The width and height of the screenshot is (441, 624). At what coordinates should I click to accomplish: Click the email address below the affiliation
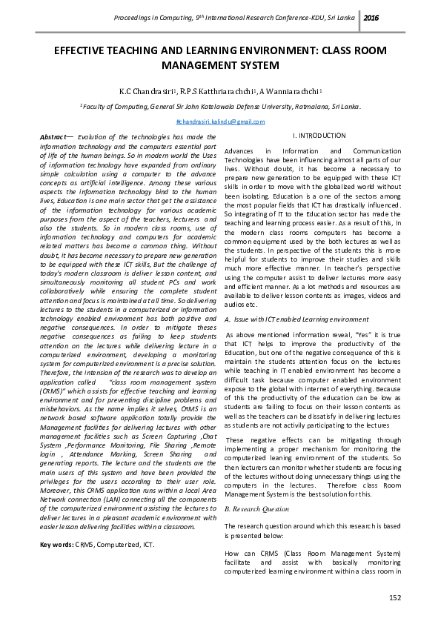[x=220, y=122]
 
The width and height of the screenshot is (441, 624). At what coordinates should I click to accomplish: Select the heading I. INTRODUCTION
[x=299, y=136]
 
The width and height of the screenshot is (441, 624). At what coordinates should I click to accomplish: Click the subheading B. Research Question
[x=256, y=509]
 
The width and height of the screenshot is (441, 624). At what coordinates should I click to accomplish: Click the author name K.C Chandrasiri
[x=150, y=90]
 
